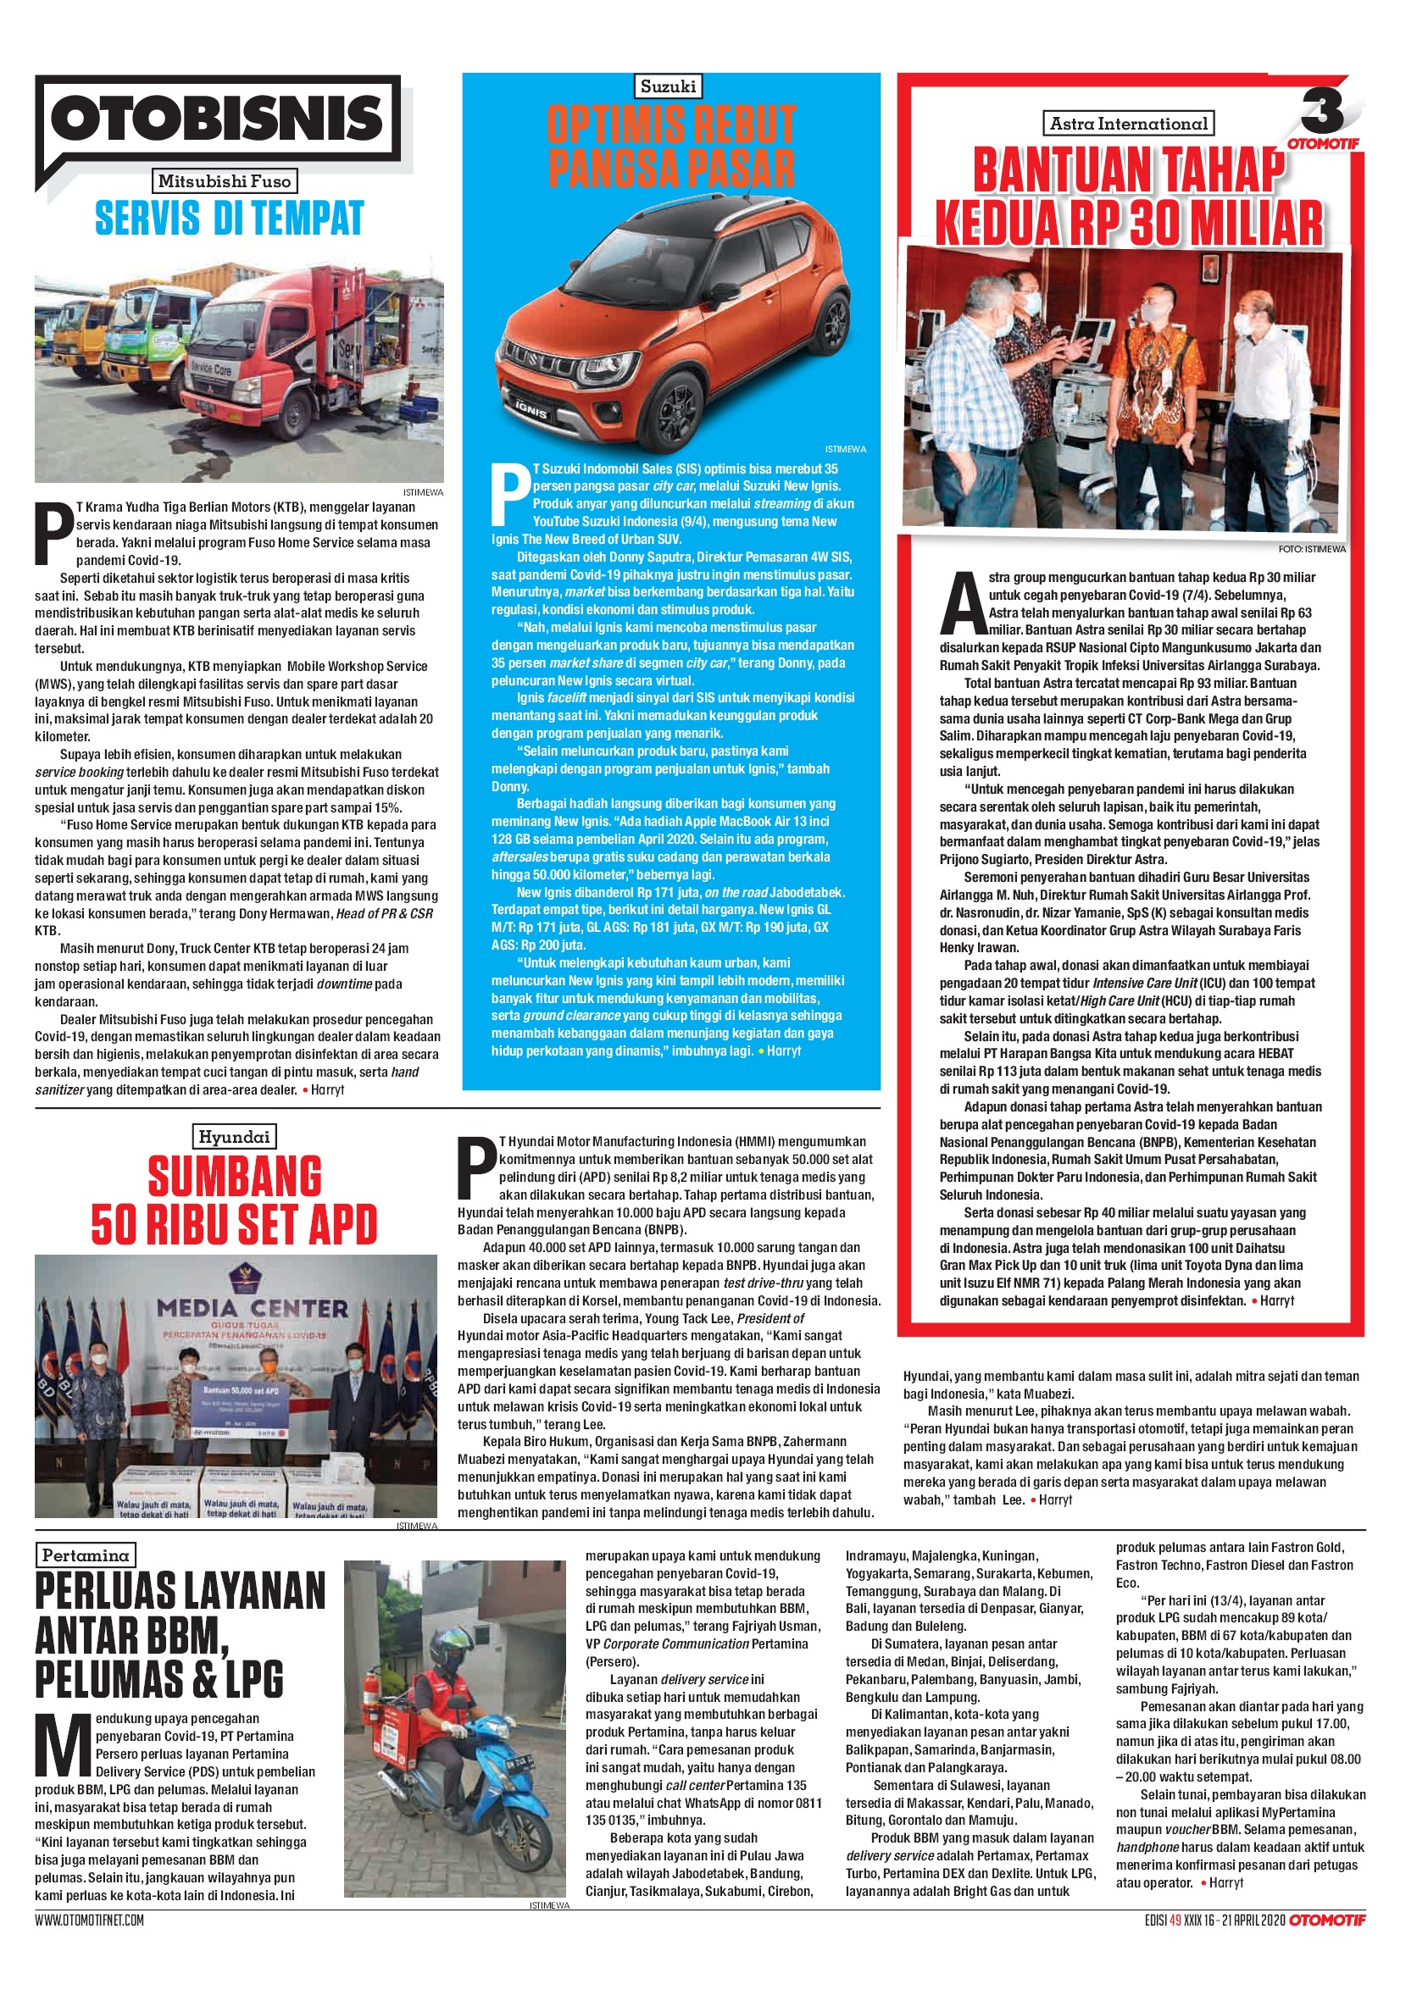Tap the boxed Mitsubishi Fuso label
[225, 181]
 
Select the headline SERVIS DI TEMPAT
[228, 218]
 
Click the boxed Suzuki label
[668, 86]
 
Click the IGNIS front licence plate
[529, 407]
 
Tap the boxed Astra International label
[1128, 124]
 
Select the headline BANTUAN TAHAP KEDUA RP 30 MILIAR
[1128, 196]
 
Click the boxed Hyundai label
[234, 1136]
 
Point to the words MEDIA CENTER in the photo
[252, 1308]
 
